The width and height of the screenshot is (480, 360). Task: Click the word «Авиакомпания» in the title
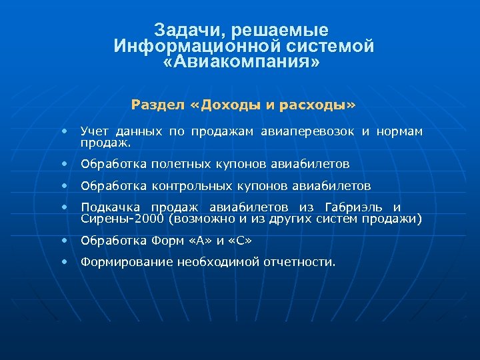241,63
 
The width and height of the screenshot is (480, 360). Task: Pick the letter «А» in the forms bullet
204,240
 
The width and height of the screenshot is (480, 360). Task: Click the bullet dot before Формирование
65,262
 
